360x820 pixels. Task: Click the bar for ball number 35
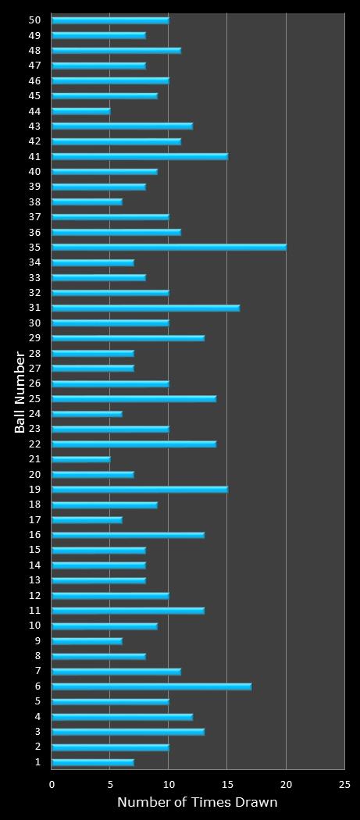pyautogui.click(x=169, y=247)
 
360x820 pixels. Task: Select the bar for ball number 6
pyautogui.click(x=151, y=686)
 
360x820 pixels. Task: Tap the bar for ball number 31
pyautogui.click(x=145, y=308)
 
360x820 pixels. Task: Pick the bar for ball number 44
pyautogui.click(x=81, y=111)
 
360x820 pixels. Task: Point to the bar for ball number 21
pyautogui.click(x=81, y=459)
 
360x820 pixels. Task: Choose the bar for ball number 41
pyautogui.click(x=140, y=156)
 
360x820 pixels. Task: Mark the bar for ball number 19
pyautogui.click(x=140, y=490)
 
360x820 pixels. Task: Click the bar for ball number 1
pyautogui.click(x=93, y=762)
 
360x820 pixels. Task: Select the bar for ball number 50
pyautogui.click(x=110, y=20)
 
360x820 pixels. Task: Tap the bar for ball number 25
pyautogui.click(x=134, y=398)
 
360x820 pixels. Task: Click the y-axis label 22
pyautogui.click(x=34, y=444)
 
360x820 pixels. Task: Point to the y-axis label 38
pyautogui.click(x=34, y=201)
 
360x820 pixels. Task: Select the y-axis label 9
pyautogui.click(x=37, y=641)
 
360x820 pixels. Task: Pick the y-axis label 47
pyautogui.click(x=34, y=66)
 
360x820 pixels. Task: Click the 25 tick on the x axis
pyautogui.click(x=344, y=784)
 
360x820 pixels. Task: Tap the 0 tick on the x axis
pyautogui.click(x=52, y=784)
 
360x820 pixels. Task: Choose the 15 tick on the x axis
pyautogui.click(x=227, y=784)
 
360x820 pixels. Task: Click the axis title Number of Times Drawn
pyautogui.click(x=197, y=803)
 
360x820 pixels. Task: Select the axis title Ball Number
pyautogui.click(x=20, y=392)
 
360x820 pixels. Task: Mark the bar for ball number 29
pyautogui.click(x=128, y=338)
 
